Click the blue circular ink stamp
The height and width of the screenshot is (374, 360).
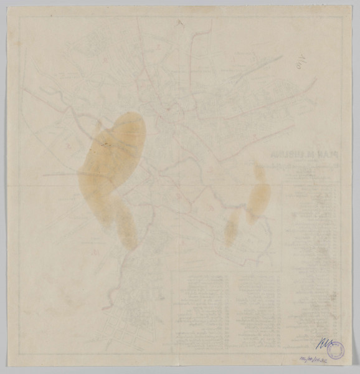[x=336, y=352]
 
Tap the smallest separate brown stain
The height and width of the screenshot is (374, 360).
[x=231, y=227]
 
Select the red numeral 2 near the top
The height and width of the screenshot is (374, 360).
[x=179, y=23]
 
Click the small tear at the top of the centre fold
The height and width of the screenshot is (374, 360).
[x=179, y=8]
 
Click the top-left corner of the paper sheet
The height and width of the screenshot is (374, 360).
[x=7, y=6]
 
